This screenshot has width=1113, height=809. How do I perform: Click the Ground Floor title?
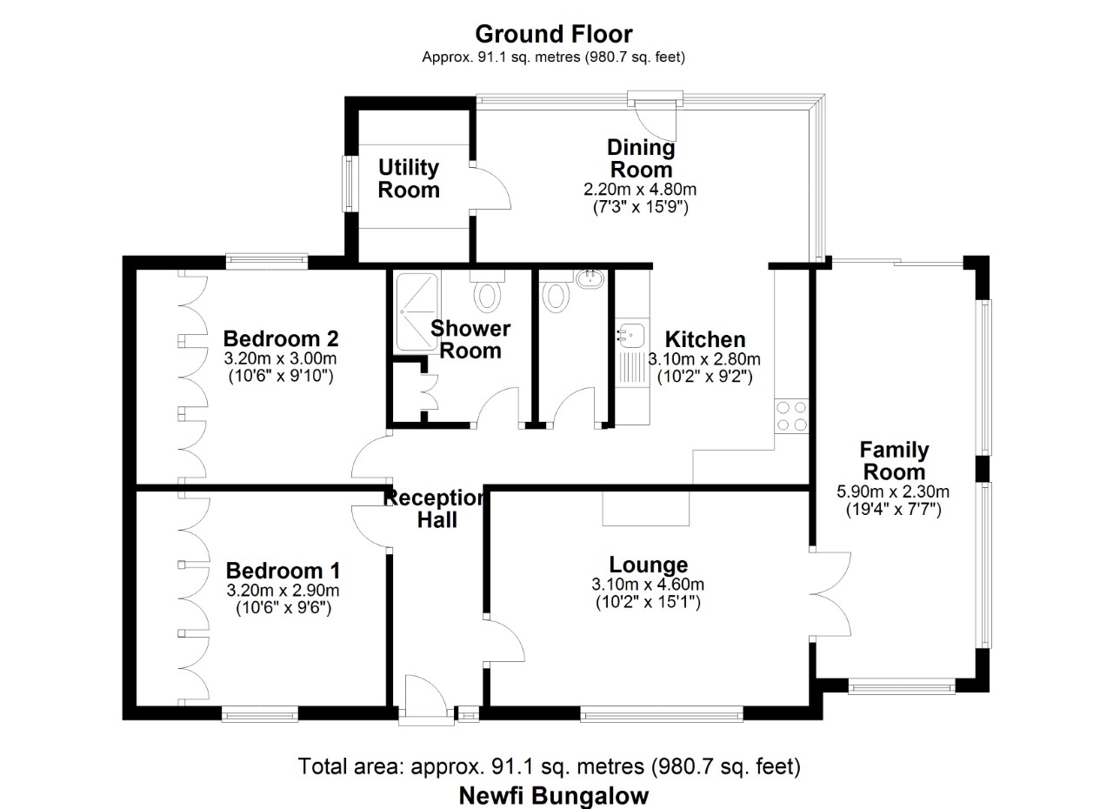click(x=554, y=34)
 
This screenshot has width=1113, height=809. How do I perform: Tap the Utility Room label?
click(x=409, y=178)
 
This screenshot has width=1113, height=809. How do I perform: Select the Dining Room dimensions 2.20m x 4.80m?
click(x=640, y=190)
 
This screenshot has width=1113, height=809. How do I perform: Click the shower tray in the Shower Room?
click(x=417, y=311)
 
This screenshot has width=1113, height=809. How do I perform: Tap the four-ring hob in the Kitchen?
click(x=791, y=416)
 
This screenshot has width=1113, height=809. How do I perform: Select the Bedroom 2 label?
click(x=281, y=339)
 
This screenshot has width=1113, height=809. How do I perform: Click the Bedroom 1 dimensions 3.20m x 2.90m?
click(x=283, y=591)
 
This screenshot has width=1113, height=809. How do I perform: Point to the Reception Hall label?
click(x=434, y=509)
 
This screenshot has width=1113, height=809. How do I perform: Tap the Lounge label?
click(x=649, y=565)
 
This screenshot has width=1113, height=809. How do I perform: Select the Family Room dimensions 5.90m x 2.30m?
click(x=893, y=492)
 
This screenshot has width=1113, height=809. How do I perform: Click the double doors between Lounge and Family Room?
click(x=830, y=594)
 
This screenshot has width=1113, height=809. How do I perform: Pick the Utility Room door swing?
click(x=490, y=189)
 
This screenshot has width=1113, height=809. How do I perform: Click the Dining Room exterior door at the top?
click(x=656, y=120)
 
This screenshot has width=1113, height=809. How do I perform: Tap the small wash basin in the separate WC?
click(x=590, y=278)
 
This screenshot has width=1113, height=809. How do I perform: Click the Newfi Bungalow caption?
click(x=554, y=796)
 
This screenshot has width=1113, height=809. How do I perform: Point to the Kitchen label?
click(x=705, y=340)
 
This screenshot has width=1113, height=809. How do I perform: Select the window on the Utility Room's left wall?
click(x=350, y=184)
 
